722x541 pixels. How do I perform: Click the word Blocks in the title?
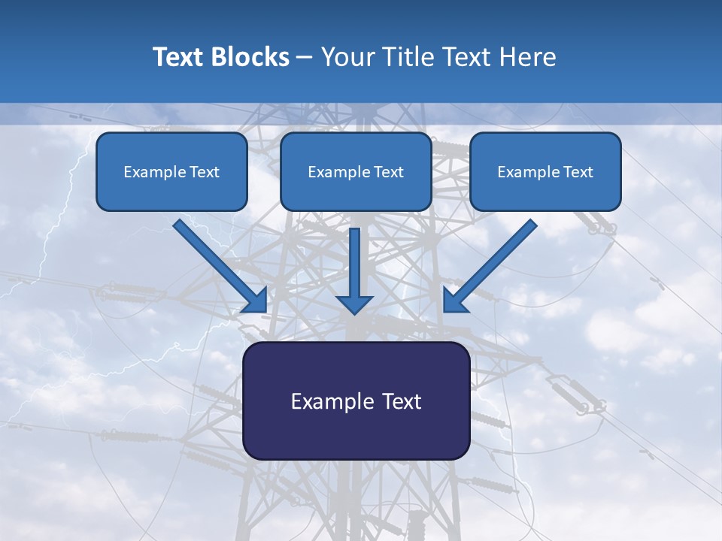tap(251, 57)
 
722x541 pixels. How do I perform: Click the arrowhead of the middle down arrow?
tap(355, 304)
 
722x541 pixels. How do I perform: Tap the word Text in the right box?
tap(578, 172)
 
